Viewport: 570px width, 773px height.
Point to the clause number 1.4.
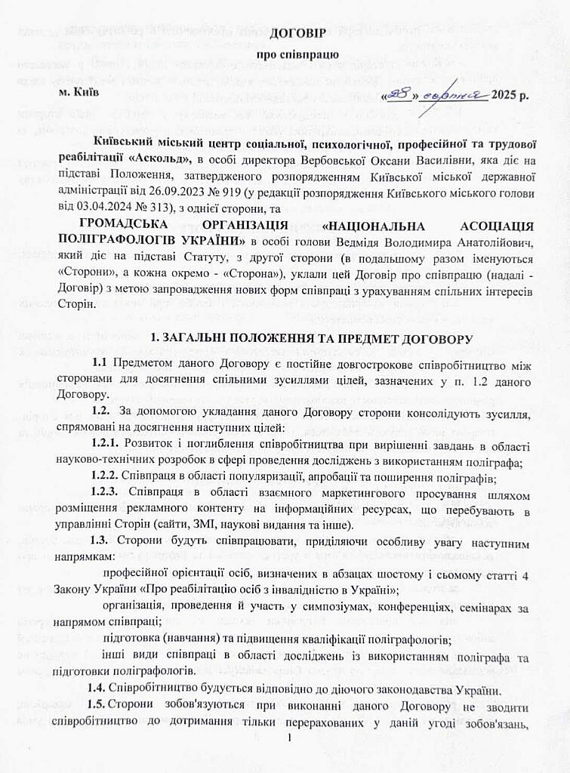pos(96,688)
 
